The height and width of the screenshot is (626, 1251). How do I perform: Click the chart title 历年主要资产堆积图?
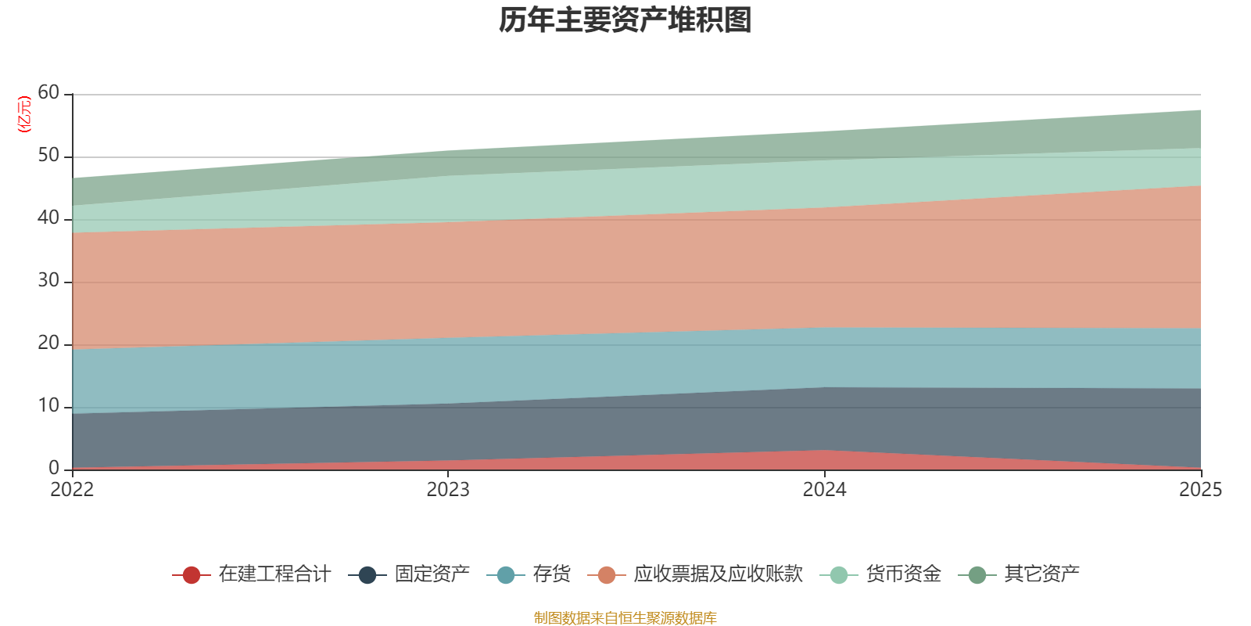coord(625,21)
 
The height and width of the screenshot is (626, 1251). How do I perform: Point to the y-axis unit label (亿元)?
coord(24,114)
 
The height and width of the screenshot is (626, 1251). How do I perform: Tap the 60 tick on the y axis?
coord(48,93)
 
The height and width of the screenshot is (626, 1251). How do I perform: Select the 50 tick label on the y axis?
coord(48,156)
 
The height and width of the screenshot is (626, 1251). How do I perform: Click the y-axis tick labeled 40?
coord(48,218)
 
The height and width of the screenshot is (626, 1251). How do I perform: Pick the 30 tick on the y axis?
coord(48,281)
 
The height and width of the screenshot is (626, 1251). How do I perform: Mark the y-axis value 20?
coord(48,344)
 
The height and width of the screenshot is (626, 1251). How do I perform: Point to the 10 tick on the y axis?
coord(48,406)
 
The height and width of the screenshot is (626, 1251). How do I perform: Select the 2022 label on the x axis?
coord(72,490)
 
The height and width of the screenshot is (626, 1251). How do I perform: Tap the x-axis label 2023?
coord(448,490)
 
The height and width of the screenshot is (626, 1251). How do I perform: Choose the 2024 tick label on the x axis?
coord(824,490)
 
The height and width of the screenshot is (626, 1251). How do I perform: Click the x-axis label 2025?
coord(1200,490)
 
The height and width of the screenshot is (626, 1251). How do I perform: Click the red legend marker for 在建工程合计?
coord(192,575)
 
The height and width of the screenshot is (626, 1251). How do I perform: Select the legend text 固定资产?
coord(432,574)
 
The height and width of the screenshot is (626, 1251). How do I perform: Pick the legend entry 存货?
coord(551,574)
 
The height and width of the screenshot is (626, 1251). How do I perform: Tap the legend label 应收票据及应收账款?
coord(718,574)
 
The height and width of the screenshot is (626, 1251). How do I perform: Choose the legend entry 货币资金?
coord(903,574)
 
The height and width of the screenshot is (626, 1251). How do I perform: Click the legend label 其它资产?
coord(1041,574)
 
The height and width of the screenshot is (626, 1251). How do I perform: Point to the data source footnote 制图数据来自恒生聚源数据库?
coord(625,618)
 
